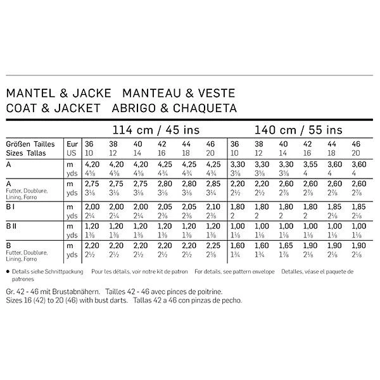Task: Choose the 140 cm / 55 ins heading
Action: pos(298,130)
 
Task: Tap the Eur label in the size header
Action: pos(73,144)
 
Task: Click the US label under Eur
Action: pos(72,153)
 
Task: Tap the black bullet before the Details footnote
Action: pos(7,270)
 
